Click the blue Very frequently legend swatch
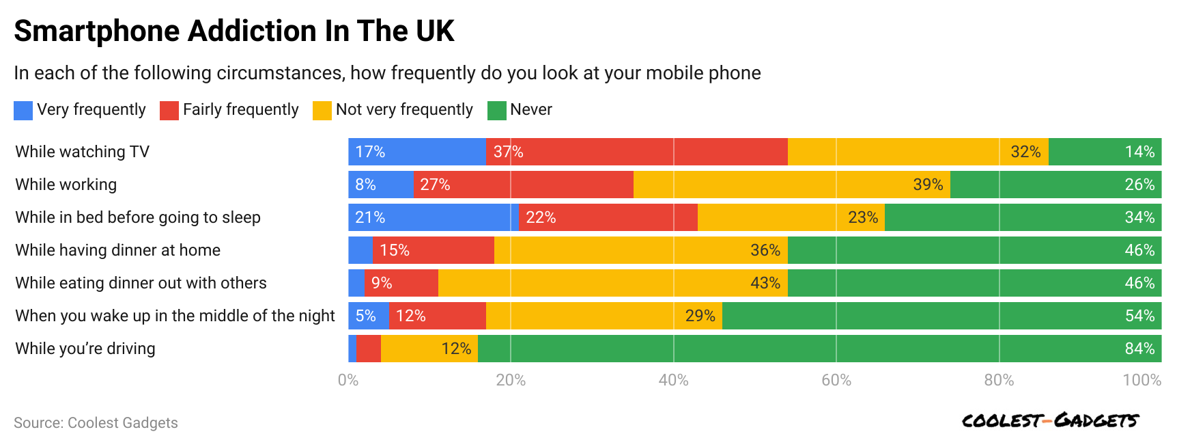click(x=23, y=111)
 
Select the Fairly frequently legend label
click(x=240, y=110)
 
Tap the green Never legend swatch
click(x=496, y=111)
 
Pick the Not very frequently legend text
click(x=404, y=110)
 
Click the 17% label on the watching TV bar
click(x=370, y=152)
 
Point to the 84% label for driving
click(x=1139, y=349)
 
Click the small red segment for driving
click(x=369, y=349)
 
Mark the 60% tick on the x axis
click(x=836, y=380)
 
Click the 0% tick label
click(x=348, y=380)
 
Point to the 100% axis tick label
click(x=1141, y=380)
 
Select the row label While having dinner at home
click(x=118, y=250)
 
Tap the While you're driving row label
click(x=85, y=349)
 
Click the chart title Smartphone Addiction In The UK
click(x=234, y=31)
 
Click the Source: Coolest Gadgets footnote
click(x=96, y=423)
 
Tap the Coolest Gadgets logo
click(x=1050, y=420)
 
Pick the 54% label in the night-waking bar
click(x=1139, y=316)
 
